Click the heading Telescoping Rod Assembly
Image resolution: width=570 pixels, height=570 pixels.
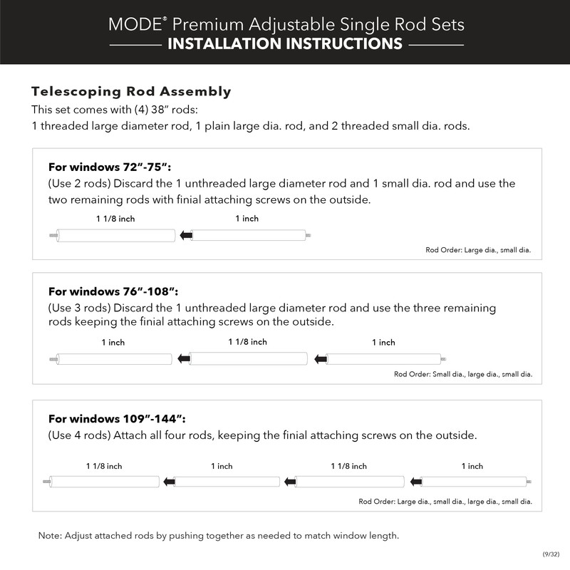(x=131, y=92)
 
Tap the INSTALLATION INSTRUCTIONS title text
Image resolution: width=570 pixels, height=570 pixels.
(x=284, y=44)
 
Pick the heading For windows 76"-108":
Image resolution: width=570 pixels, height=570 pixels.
(x=113, y=291)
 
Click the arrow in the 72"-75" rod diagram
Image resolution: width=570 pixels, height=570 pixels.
(x=185, y=235)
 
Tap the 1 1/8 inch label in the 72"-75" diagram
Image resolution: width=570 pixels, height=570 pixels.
(x=115, y=219)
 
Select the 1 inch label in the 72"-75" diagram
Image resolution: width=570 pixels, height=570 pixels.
(x=247, y=219)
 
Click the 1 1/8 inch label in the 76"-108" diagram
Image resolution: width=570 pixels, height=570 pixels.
(x=247, y=342)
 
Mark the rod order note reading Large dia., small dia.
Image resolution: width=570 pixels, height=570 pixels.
(x=478, y=251)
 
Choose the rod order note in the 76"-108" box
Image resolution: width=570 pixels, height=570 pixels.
(x=463, y=374)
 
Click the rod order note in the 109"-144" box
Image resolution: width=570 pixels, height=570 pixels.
(x=445, y=502)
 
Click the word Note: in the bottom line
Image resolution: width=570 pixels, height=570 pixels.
(x=50, y=535)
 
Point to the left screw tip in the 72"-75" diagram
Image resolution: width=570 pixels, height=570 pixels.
(x=52, y=235)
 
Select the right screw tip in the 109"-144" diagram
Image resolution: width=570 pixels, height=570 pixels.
(x=528, y=482)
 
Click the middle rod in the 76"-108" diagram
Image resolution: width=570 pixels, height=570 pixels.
(x=248, y=358)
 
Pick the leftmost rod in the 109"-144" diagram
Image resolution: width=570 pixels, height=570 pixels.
(x=105, y=482)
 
